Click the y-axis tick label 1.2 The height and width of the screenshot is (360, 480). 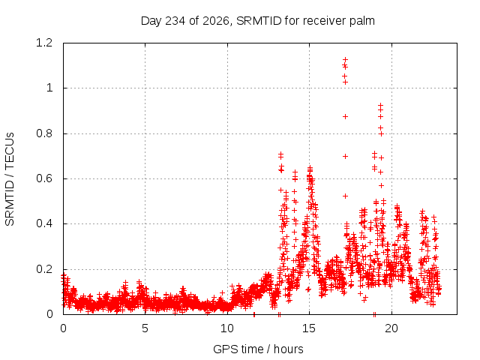click(x=44, y=43)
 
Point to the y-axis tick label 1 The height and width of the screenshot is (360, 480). click(x=49, y=88)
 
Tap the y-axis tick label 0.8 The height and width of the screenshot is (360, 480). click(x=44, y=133)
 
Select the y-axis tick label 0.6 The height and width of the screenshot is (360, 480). click(x=44, y=178)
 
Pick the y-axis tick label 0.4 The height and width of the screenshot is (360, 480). click(x=44, y=223)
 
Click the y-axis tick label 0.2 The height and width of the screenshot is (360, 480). click(x=44, y=269)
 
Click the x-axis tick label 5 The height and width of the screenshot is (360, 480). click(x=145, y=328)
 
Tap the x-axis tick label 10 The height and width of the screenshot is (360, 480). click(x=226, y=328)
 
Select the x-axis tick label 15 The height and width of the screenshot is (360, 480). click(x=309, y=328)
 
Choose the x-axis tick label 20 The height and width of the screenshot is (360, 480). click(x=391, y=328)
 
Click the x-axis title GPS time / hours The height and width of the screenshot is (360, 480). click(x=258, y=349)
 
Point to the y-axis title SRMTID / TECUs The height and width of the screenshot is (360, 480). click(x=10, y=179)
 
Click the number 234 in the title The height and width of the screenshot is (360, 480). click(x=175, y=21)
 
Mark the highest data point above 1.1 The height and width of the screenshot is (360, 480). click(x=345, y=59)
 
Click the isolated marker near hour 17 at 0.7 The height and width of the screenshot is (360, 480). click(x=345, y=156)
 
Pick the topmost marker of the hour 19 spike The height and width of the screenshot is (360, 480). click(x=380, y=105)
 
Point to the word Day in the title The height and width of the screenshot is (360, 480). click(x=151, y=21)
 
